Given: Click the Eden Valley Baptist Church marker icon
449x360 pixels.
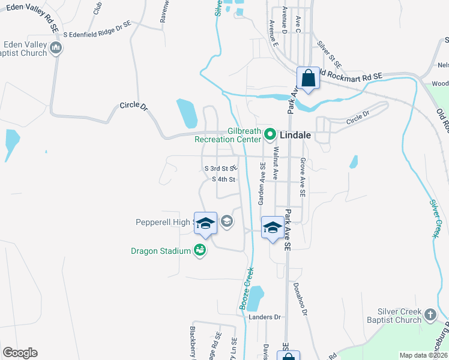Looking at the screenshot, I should [56, 48].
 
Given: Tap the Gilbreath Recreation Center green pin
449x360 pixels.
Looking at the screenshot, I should [270, 134].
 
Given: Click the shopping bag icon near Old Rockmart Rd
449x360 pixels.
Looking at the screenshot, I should [308, 79].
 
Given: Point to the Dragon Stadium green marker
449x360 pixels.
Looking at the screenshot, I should [200, 251].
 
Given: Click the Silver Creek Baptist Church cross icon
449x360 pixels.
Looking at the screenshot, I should [430, 314].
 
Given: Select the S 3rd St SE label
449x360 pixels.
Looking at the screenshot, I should [221, 169].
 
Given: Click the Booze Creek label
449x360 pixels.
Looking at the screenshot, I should [247, 289].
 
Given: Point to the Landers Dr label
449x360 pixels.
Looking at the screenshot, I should [265, 317].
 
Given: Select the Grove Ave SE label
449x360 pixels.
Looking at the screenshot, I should [303, 178].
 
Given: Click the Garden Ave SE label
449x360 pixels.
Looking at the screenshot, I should [262, 187].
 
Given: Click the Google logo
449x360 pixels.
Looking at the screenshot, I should [20, 353].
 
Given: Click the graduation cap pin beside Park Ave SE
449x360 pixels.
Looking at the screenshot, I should [273, 227].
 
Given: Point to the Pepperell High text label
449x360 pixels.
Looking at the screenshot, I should [162, 222].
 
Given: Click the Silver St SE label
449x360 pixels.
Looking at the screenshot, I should [329, 55].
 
